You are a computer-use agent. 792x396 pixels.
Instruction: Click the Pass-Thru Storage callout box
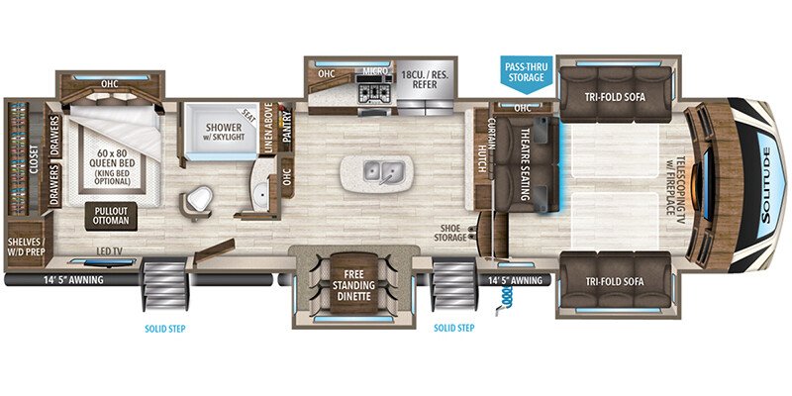point(526,72)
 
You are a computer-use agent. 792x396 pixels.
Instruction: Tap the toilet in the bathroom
point(198,200)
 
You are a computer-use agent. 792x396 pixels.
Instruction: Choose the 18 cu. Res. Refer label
point(425,80)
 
